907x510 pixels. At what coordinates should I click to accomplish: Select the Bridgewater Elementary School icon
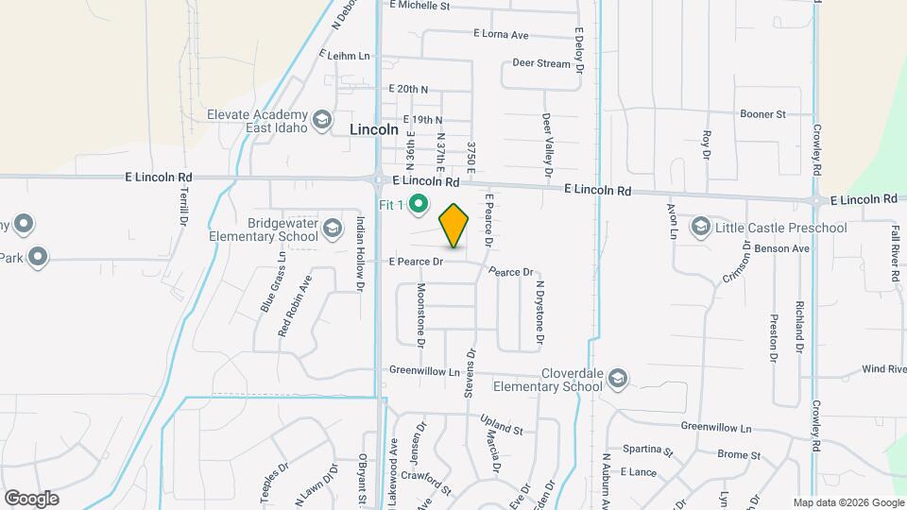pos(333,228)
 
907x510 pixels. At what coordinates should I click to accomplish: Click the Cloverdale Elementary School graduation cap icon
pos(618,379)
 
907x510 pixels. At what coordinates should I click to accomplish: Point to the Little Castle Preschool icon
pos(700,227)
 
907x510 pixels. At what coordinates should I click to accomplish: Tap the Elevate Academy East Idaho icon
pos(322,120)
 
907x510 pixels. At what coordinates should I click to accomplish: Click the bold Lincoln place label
pos(374,129)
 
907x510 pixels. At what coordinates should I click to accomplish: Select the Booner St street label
pos(762,114)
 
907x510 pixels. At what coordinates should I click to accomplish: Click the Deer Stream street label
pos(541,64)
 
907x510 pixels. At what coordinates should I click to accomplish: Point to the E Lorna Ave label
pos(501,34)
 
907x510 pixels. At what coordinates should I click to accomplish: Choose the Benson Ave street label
pos(788,248)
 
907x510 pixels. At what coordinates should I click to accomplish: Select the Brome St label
pos(739,454)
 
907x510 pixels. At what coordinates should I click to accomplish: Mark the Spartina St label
pos(647,451)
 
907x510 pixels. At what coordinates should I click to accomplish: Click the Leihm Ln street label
pos(347,56)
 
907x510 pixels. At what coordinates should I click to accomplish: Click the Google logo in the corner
pos(31,498)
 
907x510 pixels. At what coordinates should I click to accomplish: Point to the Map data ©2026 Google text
pos(848,502)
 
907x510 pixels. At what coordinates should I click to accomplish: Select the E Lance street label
pos(638,471)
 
